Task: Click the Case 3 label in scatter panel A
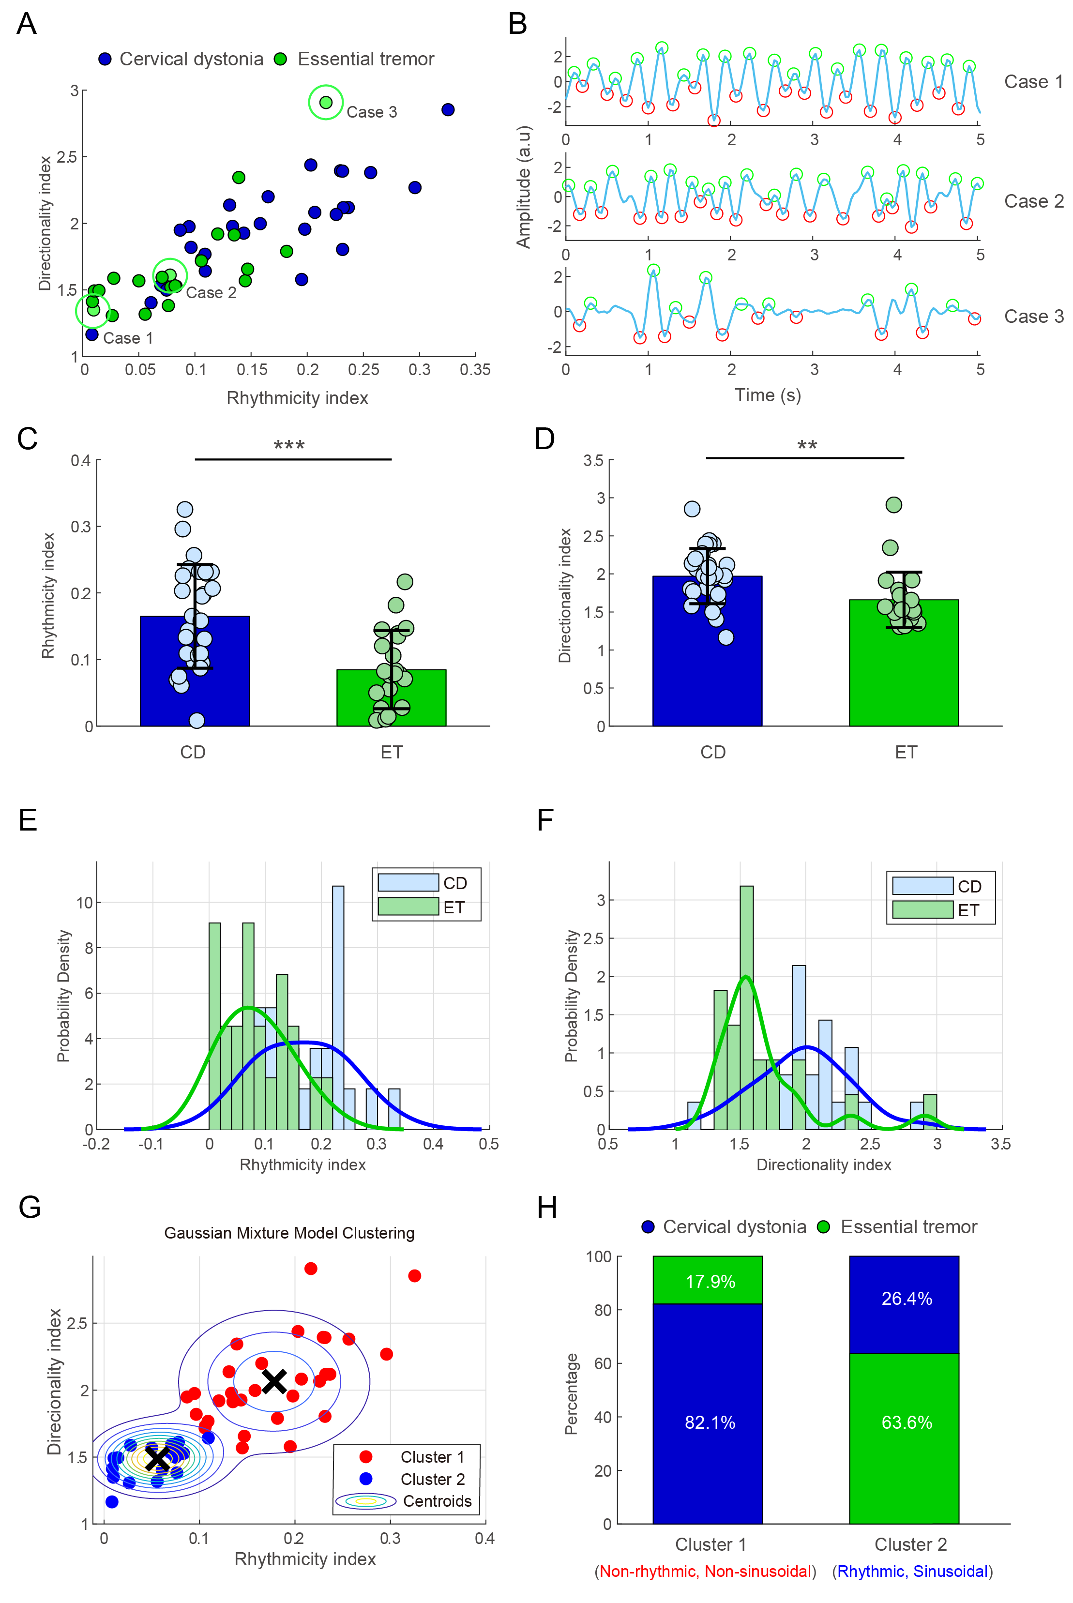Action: [372, 112]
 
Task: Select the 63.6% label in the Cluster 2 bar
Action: [907, 1422]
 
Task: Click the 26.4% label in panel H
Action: [907, 1299]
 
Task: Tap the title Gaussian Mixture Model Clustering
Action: [289, 1233]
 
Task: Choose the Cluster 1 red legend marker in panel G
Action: [366, 1456]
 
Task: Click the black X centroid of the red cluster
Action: [274, 1381]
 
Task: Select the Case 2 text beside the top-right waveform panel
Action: [1033, 201]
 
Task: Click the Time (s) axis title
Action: [767, 395]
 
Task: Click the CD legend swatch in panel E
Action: [408, 883]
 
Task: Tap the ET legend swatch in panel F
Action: [922, 910]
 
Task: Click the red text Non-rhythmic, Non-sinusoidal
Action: [705, 1572]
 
